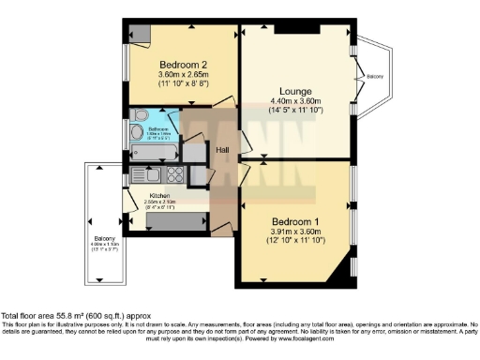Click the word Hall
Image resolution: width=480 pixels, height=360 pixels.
223,149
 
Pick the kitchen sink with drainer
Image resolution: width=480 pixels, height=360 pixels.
145,173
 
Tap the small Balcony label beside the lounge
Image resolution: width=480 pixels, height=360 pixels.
374,76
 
